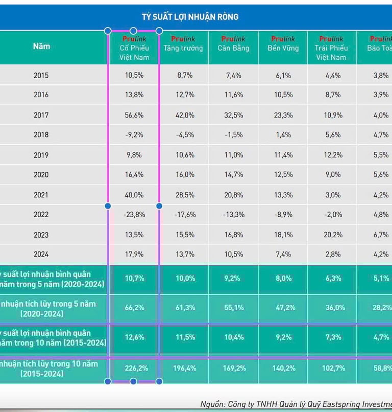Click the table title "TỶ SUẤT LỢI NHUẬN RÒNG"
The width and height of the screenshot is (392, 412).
click(x=190, y=17)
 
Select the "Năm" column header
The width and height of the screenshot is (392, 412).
click(x=41, y=47)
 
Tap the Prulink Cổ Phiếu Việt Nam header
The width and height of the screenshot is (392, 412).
click(x=134, y=48)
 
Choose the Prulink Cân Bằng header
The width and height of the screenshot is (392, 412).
click(x=233, y=44)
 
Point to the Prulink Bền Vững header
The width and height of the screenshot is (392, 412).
click(x=283, y=44)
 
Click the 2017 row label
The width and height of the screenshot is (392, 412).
click(x=41, y=115)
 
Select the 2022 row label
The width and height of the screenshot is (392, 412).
click(x=41, y=215)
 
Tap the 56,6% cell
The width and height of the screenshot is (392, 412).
click(x=134, y=115)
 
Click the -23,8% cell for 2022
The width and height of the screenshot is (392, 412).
click(x=134, y=215)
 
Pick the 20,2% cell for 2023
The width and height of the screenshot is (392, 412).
click(x=333, y=235)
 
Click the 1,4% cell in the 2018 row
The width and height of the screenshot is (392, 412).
click(x=283, y=135)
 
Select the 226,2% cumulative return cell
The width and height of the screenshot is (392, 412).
click(x=134, y=368)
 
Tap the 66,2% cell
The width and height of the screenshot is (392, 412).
click(x=134, y=308)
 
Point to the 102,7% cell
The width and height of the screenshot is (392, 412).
click(x=333, y=368)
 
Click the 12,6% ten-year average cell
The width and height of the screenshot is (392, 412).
click(x=134, y=337)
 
